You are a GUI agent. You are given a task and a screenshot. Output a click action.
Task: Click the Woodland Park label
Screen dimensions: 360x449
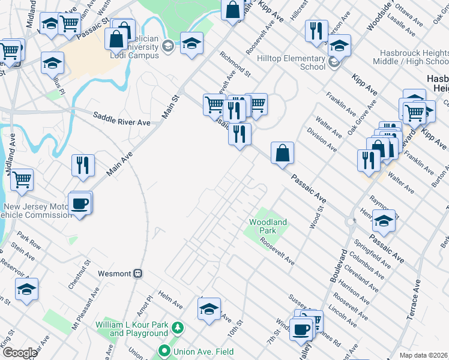[268, 226]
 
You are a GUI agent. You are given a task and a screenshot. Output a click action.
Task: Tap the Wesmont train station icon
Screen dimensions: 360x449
[137, 274]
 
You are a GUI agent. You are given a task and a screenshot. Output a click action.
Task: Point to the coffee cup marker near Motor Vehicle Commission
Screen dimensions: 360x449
[80, 204]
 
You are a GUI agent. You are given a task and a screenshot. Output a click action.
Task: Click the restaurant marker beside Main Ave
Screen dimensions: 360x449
[83, 165]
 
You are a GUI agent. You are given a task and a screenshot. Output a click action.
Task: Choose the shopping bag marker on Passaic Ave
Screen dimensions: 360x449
[282, 153]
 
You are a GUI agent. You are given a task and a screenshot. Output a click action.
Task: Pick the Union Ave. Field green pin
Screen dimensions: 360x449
[163, 351]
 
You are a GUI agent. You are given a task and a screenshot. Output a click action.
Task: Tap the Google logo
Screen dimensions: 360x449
[20, 353]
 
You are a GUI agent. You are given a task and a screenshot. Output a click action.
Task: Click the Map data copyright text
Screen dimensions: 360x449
[423, 355]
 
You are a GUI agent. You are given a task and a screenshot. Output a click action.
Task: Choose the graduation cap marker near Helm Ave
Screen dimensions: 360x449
[209, 310]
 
